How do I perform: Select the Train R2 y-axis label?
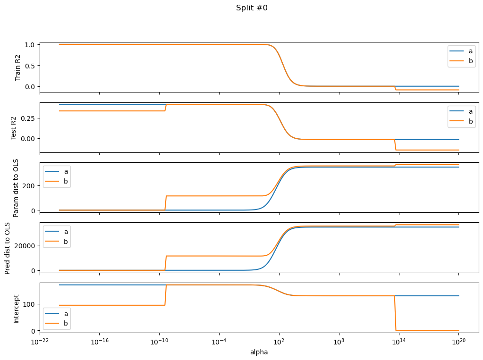pos(18,67)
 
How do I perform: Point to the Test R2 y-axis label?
pos(14,127)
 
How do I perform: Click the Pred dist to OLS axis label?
pos(8,248)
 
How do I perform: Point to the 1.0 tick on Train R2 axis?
pos(30,45)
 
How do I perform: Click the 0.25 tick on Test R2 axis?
pos(27,118)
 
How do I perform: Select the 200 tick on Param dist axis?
pos(29,185)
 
